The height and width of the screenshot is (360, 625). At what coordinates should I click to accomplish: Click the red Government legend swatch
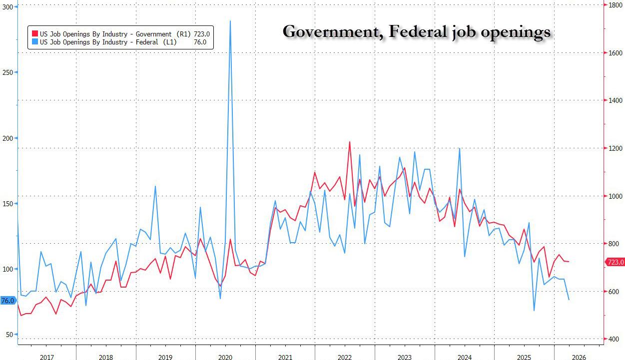[x=35, y=34]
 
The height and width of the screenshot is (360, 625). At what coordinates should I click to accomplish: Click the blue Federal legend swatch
[x=35, y=42]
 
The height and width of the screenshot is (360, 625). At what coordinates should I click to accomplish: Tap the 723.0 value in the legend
[x=202, y=34]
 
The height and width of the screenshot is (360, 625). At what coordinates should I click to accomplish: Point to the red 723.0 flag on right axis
[x=615, y=262]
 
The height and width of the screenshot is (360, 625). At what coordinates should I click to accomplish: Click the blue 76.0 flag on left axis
[x=8, y=301]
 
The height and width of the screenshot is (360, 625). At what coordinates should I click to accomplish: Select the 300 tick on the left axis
[x=7, y=7]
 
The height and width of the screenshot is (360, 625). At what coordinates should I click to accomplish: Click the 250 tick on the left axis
[x=7, y=72]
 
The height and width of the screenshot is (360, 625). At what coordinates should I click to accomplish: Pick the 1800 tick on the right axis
[x=615, y=5]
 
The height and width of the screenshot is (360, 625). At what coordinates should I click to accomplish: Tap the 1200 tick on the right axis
[x=615, y=148]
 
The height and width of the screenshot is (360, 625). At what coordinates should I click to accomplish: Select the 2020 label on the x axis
[x=225, y=357]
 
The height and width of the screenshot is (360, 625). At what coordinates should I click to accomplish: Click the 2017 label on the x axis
[x=47, y=357]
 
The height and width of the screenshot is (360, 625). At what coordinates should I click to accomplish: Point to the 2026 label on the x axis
[x=579, y=357]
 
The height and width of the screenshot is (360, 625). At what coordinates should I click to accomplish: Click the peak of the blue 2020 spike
[x=230, y=21]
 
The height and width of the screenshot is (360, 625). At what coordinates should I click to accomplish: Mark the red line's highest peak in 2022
[x=350, y=142]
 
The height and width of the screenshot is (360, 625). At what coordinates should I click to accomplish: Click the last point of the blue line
[x=569, y=300]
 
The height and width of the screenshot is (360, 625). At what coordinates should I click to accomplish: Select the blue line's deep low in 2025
[x=534, y=311]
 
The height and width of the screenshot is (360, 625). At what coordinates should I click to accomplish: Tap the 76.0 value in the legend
[x=200, y=42]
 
